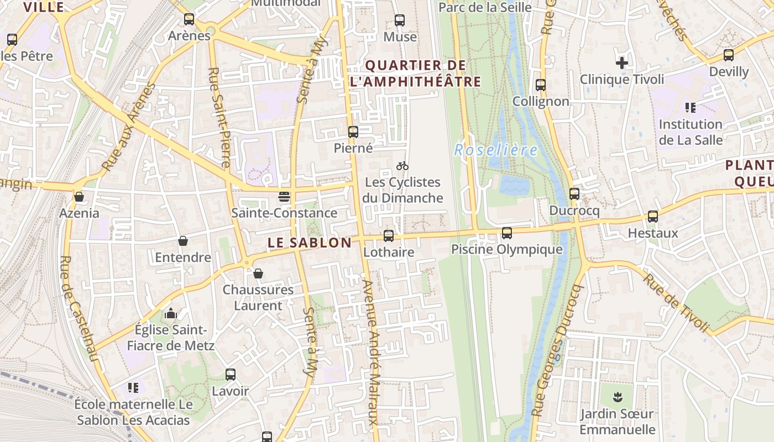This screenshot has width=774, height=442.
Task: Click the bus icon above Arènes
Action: (x=189, y=19)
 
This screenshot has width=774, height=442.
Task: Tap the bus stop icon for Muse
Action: (x=400, y=20)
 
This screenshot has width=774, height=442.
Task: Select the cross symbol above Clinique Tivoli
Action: (x=622, y=63)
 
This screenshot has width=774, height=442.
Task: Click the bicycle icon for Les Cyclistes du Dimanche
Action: (x=402, y=166)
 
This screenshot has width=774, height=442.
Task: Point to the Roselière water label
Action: (x=495, y=150)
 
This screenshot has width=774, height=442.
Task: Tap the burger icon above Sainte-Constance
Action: (x=284, y=197)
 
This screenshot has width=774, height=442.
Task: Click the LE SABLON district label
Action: (x=310, y=243)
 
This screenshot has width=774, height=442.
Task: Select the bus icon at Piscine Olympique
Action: (x=507, y=233)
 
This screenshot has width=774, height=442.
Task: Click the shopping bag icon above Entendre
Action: (x=183, y=241)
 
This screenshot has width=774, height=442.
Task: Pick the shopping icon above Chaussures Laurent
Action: (x=258, y=273)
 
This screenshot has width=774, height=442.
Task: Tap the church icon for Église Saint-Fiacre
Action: (x=171, y=314)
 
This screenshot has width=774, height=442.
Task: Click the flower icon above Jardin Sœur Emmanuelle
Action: (x=617, y=397)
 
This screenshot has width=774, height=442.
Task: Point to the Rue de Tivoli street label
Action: (x=676, y=303)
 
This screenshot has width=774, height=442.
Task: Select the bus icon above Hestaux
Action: (x=653, y=217)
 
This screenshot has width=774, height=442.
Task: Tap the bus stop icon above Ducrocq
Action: (x=574, y=194)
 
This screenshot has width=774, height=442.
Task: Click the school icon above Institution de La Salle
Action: (x=690, y=107)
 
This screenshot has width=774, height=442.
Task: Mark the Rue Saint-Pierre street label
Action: (x=219, y=117)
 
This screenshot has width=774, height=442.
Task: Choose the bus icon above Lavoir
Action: (x=231, y=375)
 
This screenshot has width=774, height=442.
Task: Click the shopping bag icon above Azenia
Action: (x=79, y=197)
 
